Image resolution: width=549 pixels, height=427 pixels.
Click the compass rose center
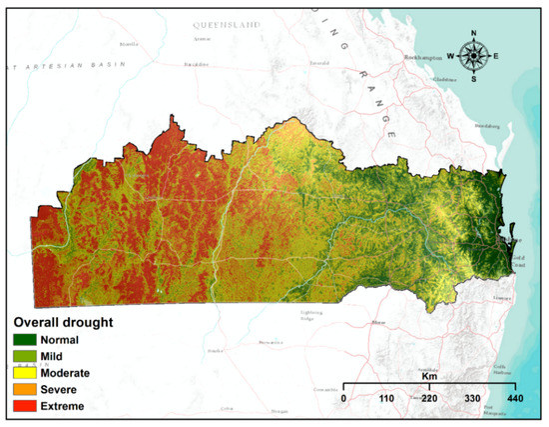pos(472,56)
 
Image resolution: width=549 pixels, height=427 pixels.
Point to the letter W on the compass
pos(450,56)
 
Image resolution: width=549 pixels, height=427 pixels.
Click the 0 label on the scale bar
pos(343,398)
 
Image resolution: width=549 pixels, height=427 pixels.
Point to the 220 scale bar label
pos(429,398)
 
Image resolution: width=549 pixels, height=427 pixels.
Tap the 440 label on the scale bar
pos(515,398)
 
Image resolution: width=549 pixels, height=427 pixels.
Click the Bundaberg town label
pos(486,126)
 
